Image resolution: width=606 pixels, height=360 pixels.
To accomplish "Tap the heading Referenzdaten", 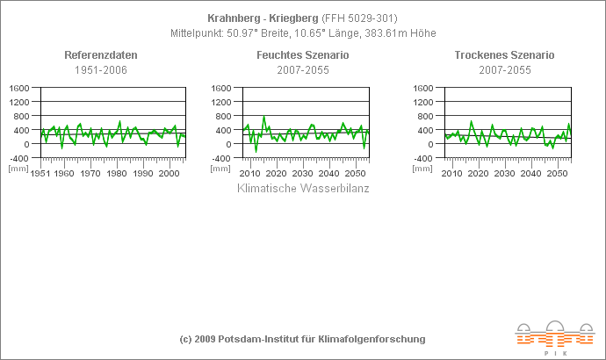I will tap(101, 55).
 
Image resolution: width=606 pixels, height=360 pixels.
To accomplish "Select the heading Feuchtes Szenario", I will tap(302, 55).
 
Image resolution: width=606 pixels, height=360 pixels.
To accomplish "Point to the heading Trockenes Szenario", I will tap(504, 55).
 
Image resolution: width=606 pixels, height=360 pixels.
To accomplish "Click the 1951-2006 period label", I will tap(101, 69).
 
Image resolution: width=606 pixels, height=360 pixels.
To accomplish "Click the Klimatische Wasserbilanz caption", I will tap(303, 188).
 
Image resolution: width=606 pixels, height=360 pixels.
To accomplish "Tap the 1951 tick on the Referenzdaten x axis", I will tap(40, 174).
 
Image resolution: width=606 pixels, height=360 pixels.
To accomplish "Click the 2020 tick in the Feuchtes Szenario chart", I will tap(277, 174).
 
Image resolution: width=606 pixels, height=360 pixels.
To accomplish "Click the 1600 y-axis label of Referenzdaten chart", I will tap(20, 88).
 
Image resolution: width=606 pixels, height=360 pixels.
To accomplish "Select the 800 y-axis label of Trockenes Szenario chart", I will tap(427, 116).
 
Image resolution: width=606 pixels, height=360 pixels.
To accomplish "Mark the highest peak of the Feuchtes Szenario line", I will tap(263, 117).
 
